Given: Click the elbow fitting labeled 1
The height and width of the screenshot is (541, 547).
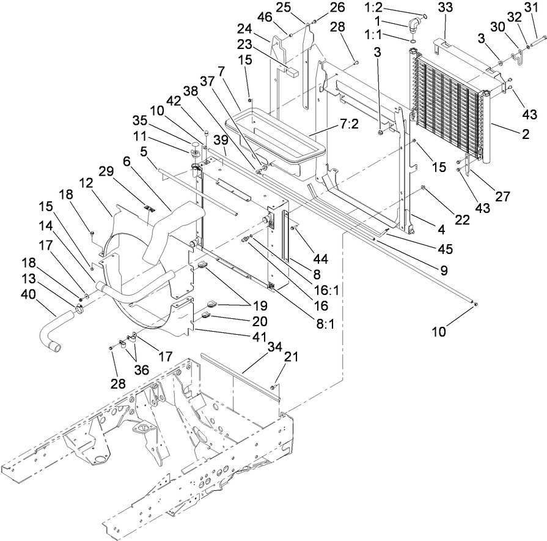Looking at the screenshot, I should click(x=414, y=26).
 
